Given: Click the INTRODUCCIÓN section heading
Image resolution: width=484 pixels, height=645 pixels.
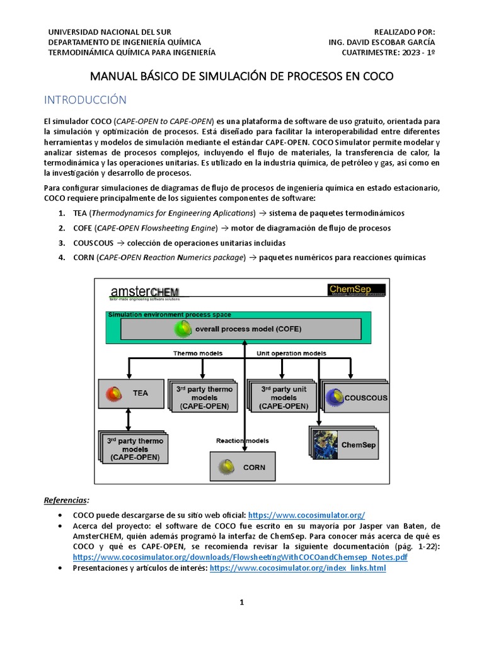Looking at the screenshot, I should (84, 100).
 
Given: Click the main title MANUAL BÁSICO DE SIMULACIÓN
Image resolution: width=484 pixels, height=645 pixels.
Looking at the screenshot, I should (242, 77).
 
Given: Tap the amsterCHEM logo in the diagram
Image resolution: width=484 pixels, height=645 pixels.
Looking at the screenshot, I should (144, 292).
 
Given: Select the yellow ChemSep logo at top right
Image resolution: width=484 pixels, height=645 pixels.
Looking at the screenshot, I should (357, 290).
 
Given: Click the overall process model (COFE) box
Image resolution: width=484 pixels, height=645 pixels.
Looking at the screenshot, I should (241, 329).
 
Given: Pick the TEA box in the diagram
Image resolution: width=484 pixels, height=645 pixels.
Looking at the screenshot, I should (130, 393).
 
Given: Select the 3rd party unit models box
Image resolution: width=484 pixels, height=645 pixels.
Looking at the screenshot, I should (283, 397).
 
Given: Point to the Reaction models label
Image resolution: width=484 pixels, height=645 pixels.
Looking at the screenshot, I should (243, 441).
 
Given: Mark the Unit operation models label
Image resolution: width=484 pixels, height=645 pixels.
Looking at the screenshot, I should (291, 353).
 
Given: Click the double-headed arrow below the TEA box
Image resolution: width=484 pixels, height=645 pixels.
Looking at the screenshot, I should (129, 419).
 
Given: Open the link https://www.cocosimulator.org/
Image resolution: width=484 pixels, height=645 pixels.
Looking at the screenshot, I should (307, 515).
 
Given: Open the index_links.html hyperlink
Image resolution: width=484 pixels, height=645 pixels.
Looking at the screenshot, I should (297, 568).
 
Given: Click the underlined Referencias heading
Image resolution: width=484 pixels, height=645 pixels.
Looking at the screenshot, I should (66, 500).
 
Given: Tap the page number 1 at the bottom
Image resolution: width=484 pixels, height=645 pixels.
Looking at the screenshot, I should (241, 602).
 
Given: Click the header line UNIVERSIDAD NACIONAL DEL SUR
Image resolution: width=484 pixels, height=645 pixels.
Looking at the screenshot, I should (110, 31).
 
